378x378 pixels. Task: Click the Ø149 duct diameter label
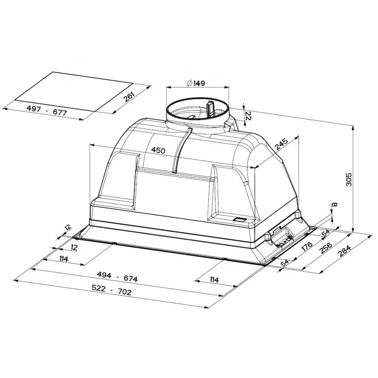(x=196, y=83)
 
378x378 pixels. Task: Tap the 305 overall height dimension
(x=349, y=179)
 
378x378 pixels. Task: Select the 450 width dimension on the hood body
(x=158, y=151)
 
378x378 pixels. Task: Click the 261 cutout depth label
(x=129, y=97)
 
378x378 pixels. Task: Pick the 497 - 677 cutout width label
(x=46, y=110)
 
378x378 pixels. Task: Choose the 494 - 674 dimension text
(x=117, y=277)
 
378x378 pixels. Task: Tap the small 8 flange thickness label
(x=334, y=205)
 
